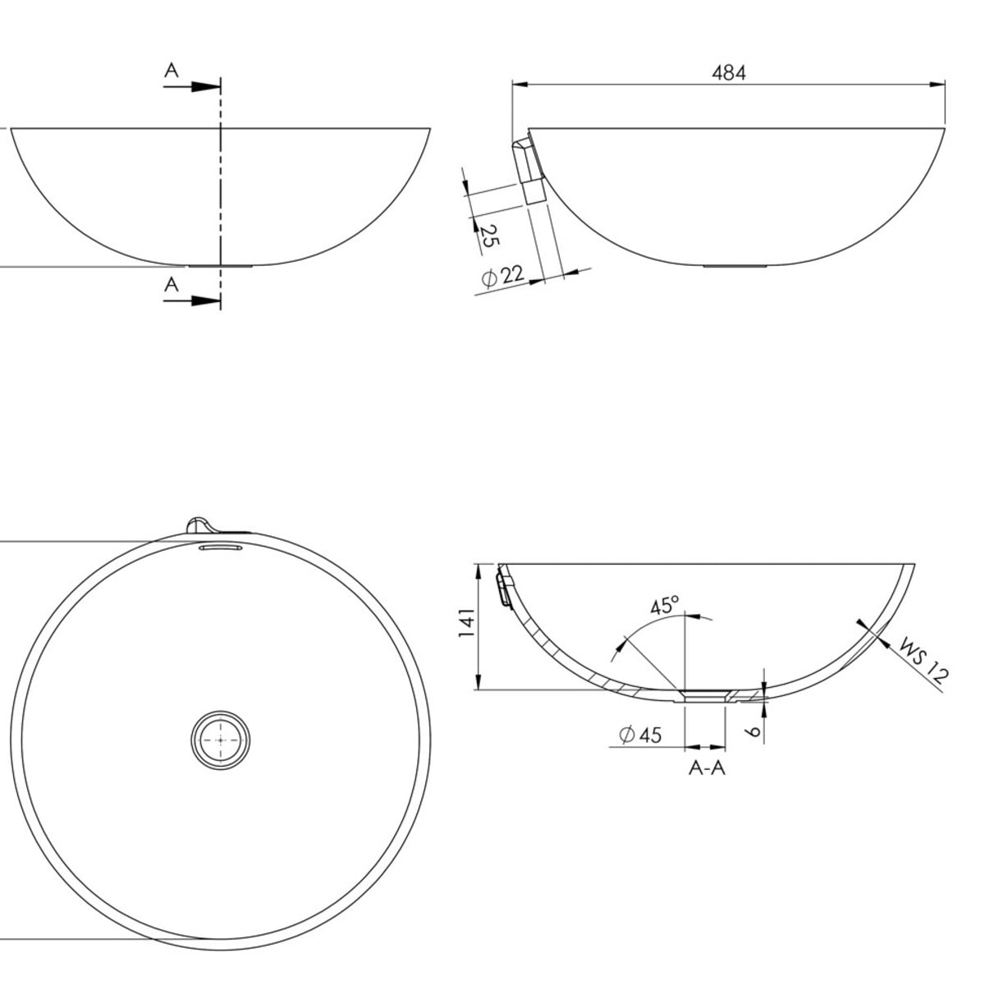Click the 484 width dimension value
tap(728, 73)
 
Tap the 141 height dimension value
tap(467, 622)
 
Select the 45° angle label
tap(664, 606)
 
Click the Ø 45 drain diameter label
tap(640, 735)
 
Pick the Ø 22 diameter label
tap(503, 277)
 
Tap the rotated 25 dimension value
tap(488, 236)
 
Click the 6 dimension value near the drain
tap(753, 732)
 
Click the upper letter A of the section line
tap(172, 70)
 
